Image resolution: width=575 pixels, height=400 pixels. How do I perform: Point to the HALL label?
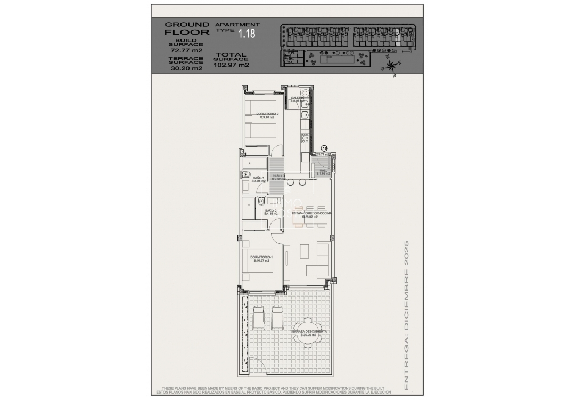point(323,172)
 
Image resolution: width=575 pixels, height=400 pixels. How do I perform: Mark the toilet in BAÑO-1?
point(247,174)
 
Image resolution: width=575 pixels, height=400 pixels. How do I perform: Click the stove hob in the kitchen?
point(305,138)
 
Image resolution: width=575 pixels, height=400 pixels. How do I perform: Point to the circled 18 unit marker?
point(324,149)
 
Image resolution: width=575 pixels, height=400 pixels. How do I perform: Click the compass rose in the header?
point(391,66)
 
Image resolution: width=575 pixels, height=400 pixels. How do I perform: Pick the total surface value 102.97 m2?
point(231,65)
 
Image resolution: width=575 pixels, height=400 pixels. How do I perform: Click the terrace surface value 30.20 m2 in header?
point(186,68)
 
